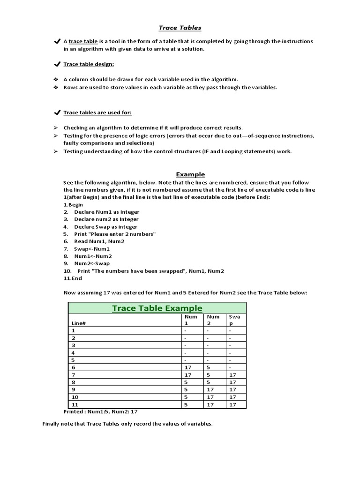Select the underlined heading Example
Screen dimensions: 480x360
(190, 174)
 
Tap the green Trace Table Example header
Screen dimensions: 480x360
(157, 308)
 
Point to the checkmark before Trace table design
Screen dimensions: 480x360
(57, 64)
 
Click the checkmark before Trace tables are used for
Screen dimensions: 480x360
(57, 112)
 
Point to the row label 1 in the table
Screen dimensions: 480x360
(73, 330)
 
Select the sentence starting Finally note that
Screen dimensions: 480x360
(127, 424)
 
